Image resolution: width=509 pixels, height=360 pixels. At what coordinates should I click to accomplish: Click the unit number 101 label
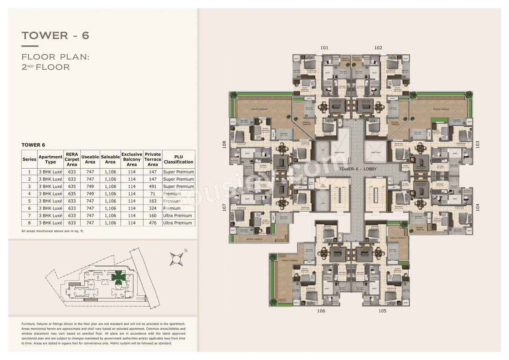(324, 48)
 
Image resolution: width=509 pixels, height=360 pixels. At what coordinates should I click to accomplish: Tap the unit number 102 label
(378, 48)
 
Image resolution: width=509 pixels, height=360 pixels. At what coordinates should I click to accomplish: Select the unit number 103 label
(478, 144)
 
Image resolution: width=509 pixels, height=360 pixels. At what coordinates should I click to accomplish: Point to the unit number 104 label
(478, 207)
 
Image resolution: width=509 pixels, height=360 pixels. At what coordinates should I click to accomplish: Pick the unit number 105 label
(382, 311)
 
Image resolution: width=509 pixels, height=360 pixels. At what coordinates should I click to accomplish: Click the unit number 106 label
(321, 311)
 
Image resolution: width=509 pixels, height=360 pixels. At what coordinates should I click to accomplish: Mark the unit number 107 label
(224, 207)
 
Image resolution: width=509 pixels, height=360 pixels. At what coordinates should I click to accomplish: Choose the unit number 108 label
(224, 144)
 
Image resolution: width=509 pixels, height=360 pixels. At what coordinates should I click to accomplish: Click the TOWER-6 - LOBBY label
(358, 169)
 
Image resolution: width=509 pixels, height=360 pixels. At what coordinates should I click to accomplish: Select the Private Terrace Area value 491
(153, 187)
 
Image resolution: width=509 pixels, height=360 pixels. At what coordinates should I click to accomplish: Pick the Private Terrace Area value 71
(153, 194)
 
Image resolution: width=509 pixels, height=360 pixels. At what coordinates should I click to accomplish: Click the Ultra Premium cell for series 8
(179, 223)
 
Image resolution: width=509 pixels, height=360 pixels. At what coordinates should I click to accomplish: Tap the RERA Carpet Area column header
(72, 160)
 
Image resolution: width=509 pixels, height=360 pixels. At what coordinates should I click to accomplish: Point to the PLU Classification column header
(179, 160)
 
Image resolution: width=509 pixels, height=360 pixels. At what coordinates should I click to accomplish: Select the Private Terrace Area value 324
(153, 208)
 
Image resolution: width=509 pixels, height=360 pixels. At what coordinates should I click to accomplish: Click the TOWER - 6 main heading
(56, 35)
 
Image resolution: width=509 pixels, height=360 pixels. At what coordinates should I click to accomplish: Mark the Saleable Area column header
(110, 160)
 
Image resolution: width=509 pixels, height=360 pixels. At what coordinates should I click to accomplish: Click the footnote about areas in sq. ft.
(52, 231)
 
